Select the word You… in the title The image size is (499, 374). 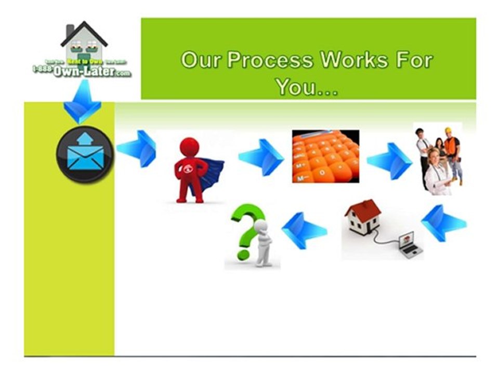pos(307,86)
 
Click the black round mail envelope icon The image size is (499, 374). pos(85,154)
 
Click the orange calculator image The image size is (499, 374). pos(325,156)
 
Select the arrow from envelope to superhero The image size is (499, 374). pos(137,149)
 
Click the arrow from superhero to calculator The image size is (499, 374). pos(261,157)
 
